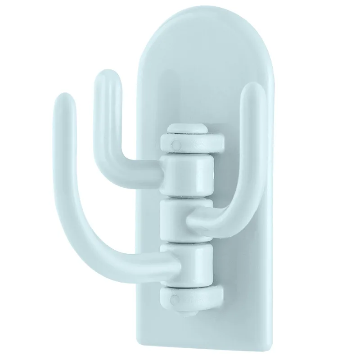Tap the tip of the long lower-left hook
click(61, 98)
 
